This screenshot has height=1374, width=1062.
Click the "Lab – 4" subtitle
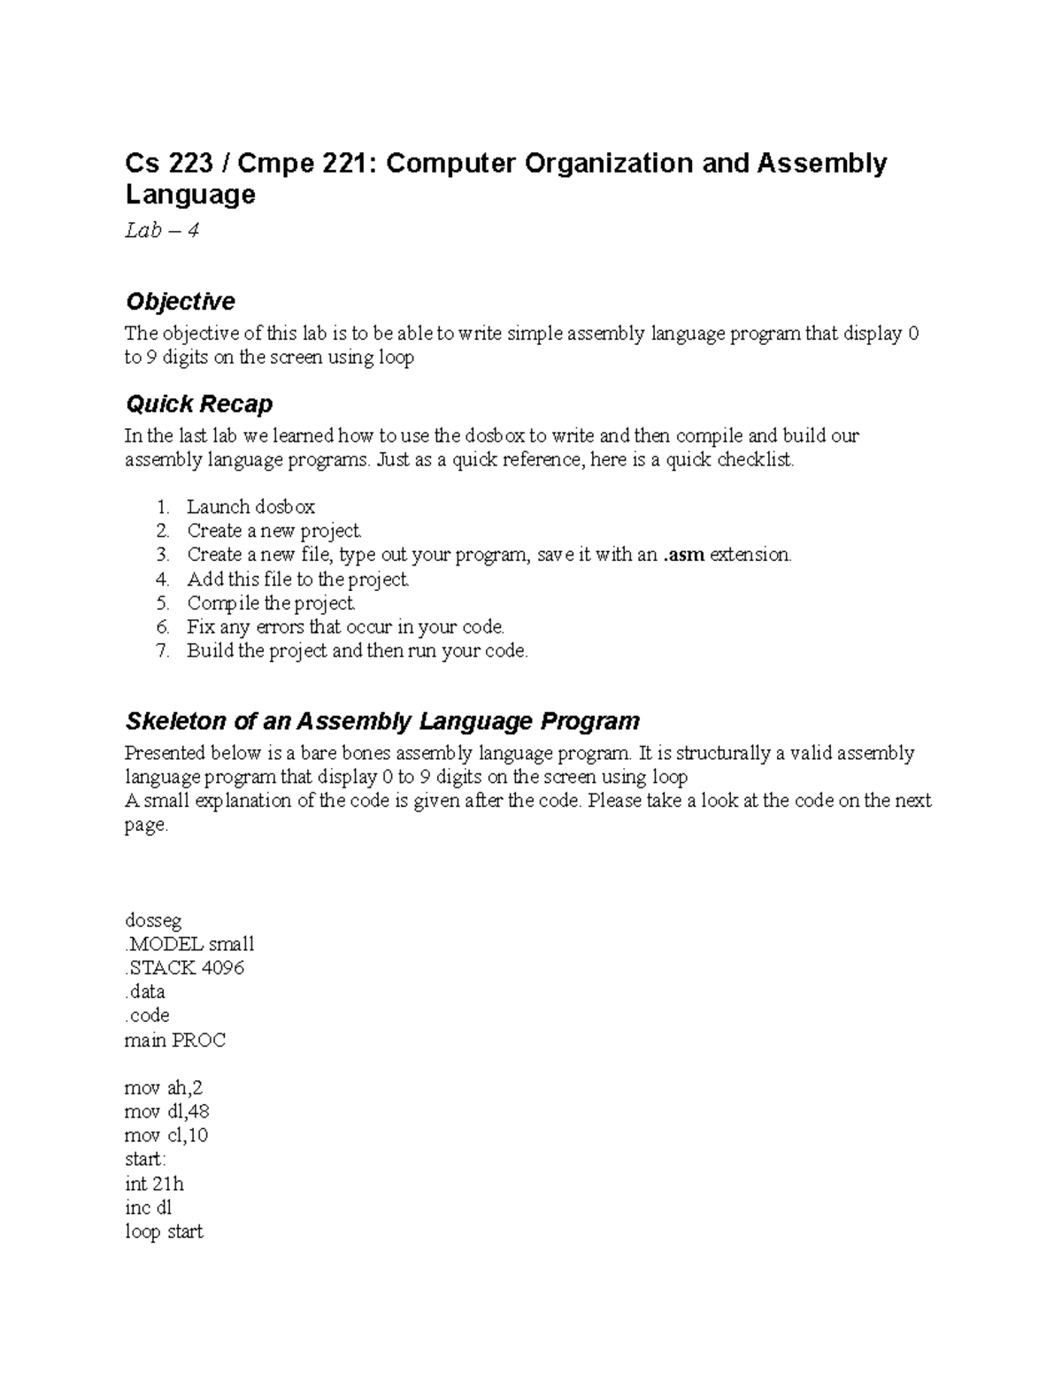pos(162,231)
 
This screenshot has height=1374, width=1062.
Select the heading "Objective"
pos(180,302)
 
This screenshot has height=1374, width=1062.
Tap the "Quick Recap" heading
pos(198,404)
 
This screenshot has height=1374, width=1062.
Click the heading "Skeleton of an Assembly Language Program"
pos(382,721)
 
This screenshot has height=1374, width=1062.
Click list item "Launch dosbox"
pos(250,507)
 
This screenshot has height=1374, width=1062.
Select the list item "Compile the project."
pos(271,603)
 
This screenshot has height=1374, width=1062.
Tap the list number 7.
pos(161,651)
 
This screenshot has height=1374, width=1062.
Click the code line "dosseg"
pos(152,920)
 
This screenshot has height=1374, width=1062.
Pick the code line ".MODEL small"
pos(189,944)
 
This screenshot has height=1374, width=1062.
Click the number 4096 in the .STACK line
pos(222,968)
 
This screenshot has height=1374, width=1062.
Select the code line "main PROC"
pos(175,1040)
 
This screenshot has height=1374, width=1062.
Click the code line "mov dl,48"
pos(167,1112)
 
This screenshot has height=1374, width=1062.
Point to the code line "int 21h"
pos(154,1184)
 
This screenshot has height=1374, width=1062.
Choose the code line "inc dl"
pos(148,1208)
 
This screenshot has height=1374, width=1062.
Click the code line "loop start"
pos(164,1232)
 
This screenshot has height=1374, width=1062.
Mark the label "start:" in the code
pos(145,1160)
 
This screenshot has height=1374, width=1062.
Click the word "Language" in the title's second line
pos(190,195)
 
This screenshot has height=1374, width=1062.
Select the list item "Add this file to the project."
pos(297,580)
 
